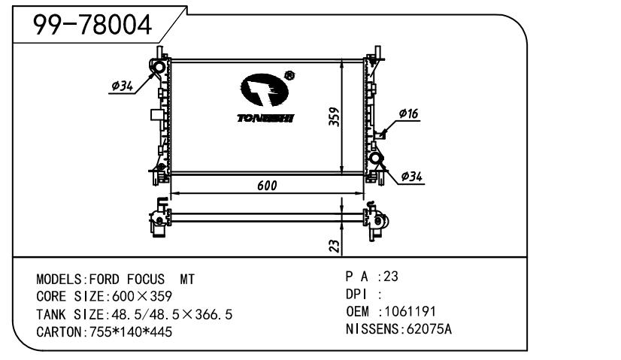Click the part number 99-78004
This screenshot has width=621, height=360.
[x=92, y=25]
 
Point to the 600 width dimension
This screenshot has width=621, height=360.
[x=267, y=186]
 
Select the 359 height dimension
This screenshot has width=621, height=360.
[x=335, y=116]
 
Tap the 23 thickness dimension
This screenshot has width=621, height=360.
[x=335, y=246]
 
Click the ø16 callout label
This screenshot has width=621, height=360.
[x=408, y=113]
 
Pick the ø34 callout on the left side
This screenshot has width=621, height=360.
[x=122, y=86]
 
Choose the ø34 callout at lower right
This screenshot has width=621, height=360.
[x=411, y=176]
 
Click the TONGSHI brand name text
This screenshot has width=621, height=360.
[x=265, y=118]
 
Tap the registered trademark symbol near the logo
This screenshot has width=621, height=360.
[x=289, y=75]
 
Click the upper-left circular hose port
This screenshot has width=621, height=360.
[x=159, y=67]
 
